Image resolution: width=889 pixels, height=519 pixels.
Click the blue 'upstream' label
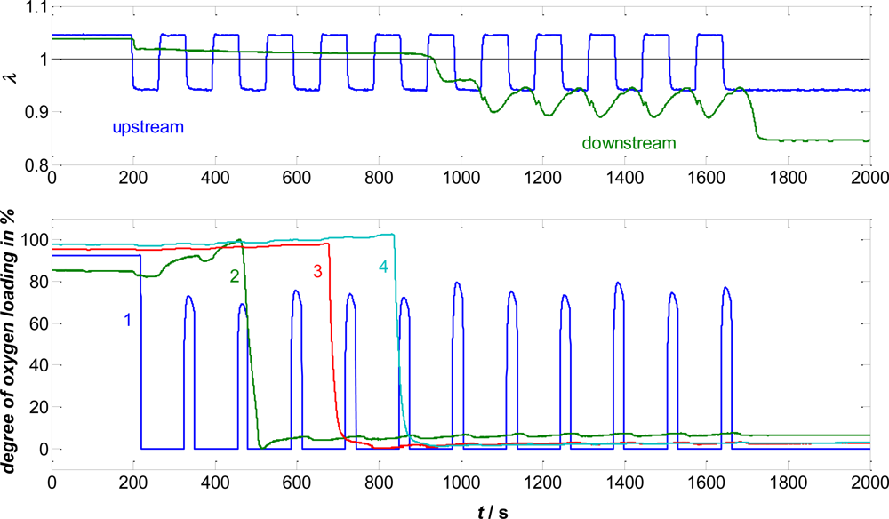point(148,127)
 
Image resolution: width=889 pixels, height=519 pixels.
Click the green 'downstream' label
point(629,141)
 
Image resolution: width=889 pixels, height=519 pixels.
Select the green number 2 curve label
point(234,276)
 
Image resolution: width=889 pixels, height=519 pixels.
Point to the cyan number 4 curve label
point(382,267)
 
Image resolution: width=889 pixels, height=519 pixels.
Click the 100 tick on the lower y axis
point(34,240)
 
